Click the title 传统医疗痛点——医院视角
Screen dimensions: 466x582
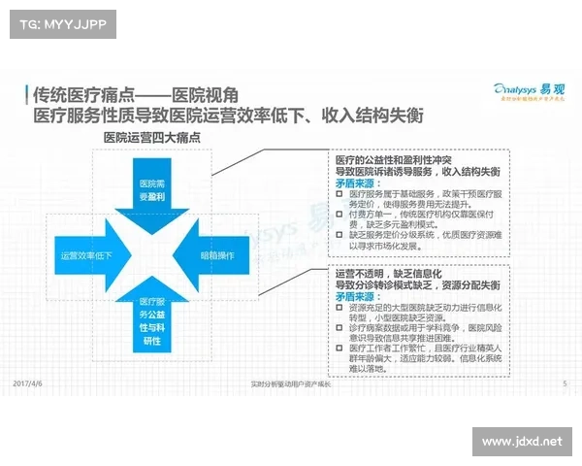134,94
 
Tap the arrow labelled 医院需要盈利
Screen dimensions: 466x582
151,188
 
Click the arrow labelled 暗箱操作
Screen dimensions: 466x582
218,256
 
